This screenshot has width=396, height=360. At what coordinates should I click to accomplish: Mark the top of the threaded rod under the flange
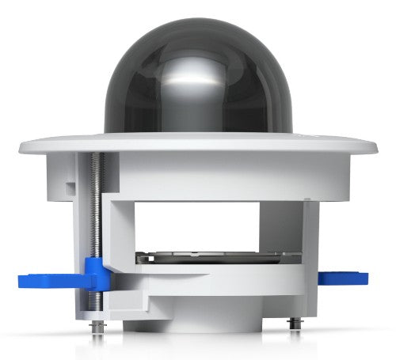pos(97,158)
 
